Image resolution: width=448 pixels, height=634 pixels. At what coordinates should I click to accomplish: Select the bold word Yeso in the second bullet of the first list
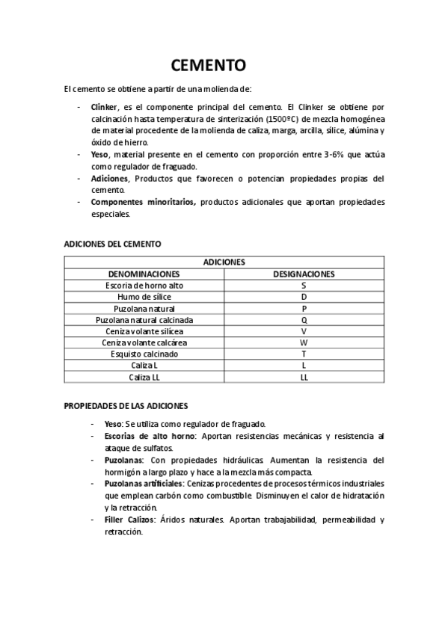click(x=99, y=154)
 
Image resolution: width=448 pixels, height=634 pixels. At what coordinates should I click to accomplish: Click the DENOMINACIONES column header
click(x=144, y=274)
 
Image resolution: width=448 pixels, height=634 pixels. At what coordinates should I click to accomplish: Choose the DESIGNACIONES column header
click(x=304, y=274)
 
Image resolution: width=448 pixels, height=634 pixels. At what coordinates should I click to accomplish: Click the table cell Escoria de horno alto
click(x=144, y=286)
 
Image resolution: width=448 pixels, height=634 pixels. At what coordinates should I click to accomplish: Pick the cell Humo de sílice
click(x=144, y=297)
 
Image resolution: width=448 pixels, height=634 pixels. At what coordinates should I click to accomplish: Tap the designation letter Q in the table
click(x=304, y=319)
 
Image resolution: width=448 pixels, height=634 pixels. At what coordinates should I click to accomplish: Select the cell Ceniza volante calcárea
click(x=144, y=342)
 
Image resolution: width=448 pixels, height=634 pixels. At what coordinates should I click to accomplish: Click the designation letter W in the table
click(x=304, y=342)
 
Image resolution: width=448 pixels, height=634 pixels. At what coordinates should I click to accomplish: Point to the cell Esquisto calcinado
click(x=144, y=354)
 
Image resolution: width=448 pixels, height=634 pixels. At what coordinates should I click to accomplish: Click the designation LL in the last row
click(x=304, y=377)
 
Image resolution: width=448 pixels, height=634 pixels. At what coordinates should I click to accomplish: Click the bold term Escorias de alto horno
click(x=144, y=436)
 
